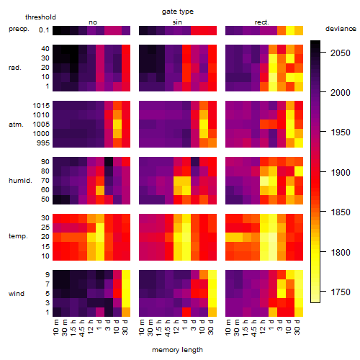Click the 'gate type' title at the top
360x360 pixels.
pos(178,12)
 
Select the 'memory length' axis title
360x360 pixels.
pos(177,350)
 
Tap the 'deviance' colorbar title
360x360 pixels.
pos(341,29)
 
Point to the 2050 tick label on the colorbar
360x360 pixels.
pos(341,53)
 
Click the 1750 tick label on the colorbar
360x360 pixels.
pos(341,292)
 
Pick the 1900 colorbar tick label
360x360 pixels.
pos(341,172)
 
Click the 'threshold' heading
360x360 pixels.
pos(40,17)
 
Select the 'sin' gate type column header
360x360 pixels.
pos(177,22)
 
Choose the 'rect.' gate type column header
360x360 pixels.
pos(261,22)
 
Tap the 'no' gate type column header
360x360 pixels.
pos(93,22)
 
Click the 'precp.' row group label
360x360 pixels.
pos(19,29)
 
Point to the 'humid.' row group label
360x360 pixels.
pos(20,181)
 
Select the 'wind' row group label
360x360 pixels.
pos(17,294)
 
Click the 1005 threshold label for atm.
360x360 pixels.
pos(41,125)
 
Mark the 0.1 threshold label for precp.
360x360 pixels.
pos(44,30)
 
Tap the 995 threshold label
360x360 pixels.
pos(43,143)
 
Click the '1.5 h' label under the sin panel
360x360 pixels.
pos(159,328)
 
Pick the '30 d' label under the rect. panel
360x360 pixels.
pos(297,327)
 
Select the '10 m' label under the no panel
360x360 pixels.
pos(55,328)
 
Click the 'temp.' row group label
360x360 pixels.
pos(18,236)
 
